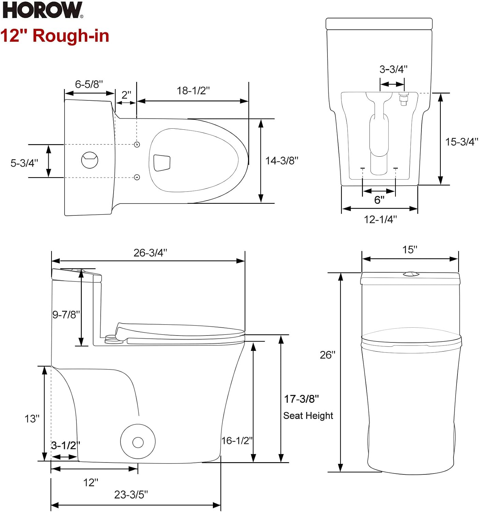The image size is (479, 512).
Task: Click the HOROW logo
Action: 43,10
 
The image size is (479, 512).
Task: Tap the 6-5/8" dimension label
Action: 89,84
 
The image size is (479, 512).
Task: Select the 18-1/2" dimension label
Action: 193,91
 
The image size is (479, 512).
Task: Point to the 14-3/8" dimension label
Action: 282,161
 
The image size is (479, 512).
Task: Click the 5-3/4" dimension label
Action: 24,163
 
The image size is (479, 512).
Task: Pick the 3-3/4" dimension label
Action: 393,69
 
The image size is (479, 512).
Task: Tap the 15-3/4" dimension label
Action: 462,142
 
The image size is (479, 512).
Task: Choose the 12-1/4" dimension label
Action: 380,219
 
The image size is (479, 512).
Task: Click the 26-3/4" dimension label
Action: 150,253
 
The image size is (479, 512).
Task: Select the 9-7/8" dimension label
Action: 66,314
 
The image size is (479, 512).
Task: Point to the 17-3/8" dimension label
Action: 301,399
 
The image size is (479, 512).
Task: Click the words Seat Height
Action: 308,416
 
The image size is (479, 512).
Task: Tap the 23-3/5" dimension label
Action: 131,495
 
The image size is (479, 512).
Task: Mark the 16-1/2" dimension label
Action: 237,441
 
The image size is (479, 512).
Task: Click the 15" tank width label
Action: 410,250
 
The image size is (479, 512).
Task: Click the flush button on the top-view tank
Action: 90,160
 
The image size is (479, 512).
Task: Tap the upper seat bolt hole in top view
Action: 137,144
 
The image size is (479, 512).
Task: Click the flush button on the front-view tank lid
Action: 411,273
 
